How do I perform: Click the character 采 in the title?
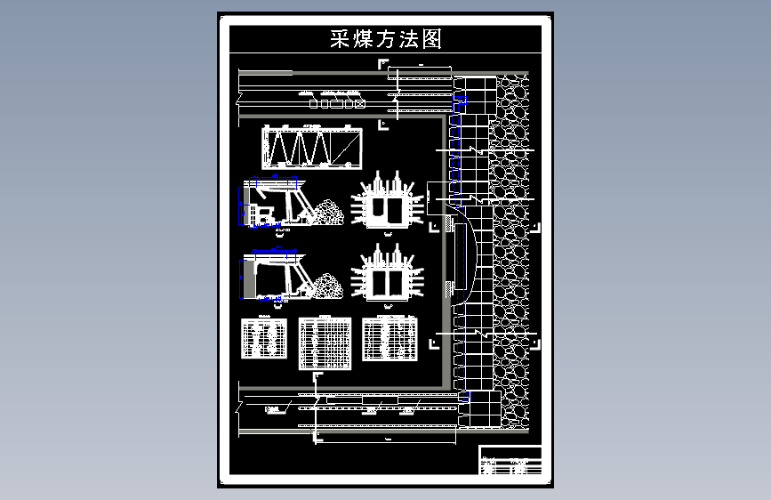[340, 39]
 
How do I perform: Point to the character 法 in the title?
[408, 39]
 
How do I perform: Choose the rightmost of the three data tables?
[390, 340]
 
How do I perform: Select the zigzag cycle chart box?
[312, 147]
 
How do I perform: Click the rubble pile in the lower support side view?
[325, 286]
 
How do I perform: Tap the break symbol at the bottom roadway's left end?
[239, 409]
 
